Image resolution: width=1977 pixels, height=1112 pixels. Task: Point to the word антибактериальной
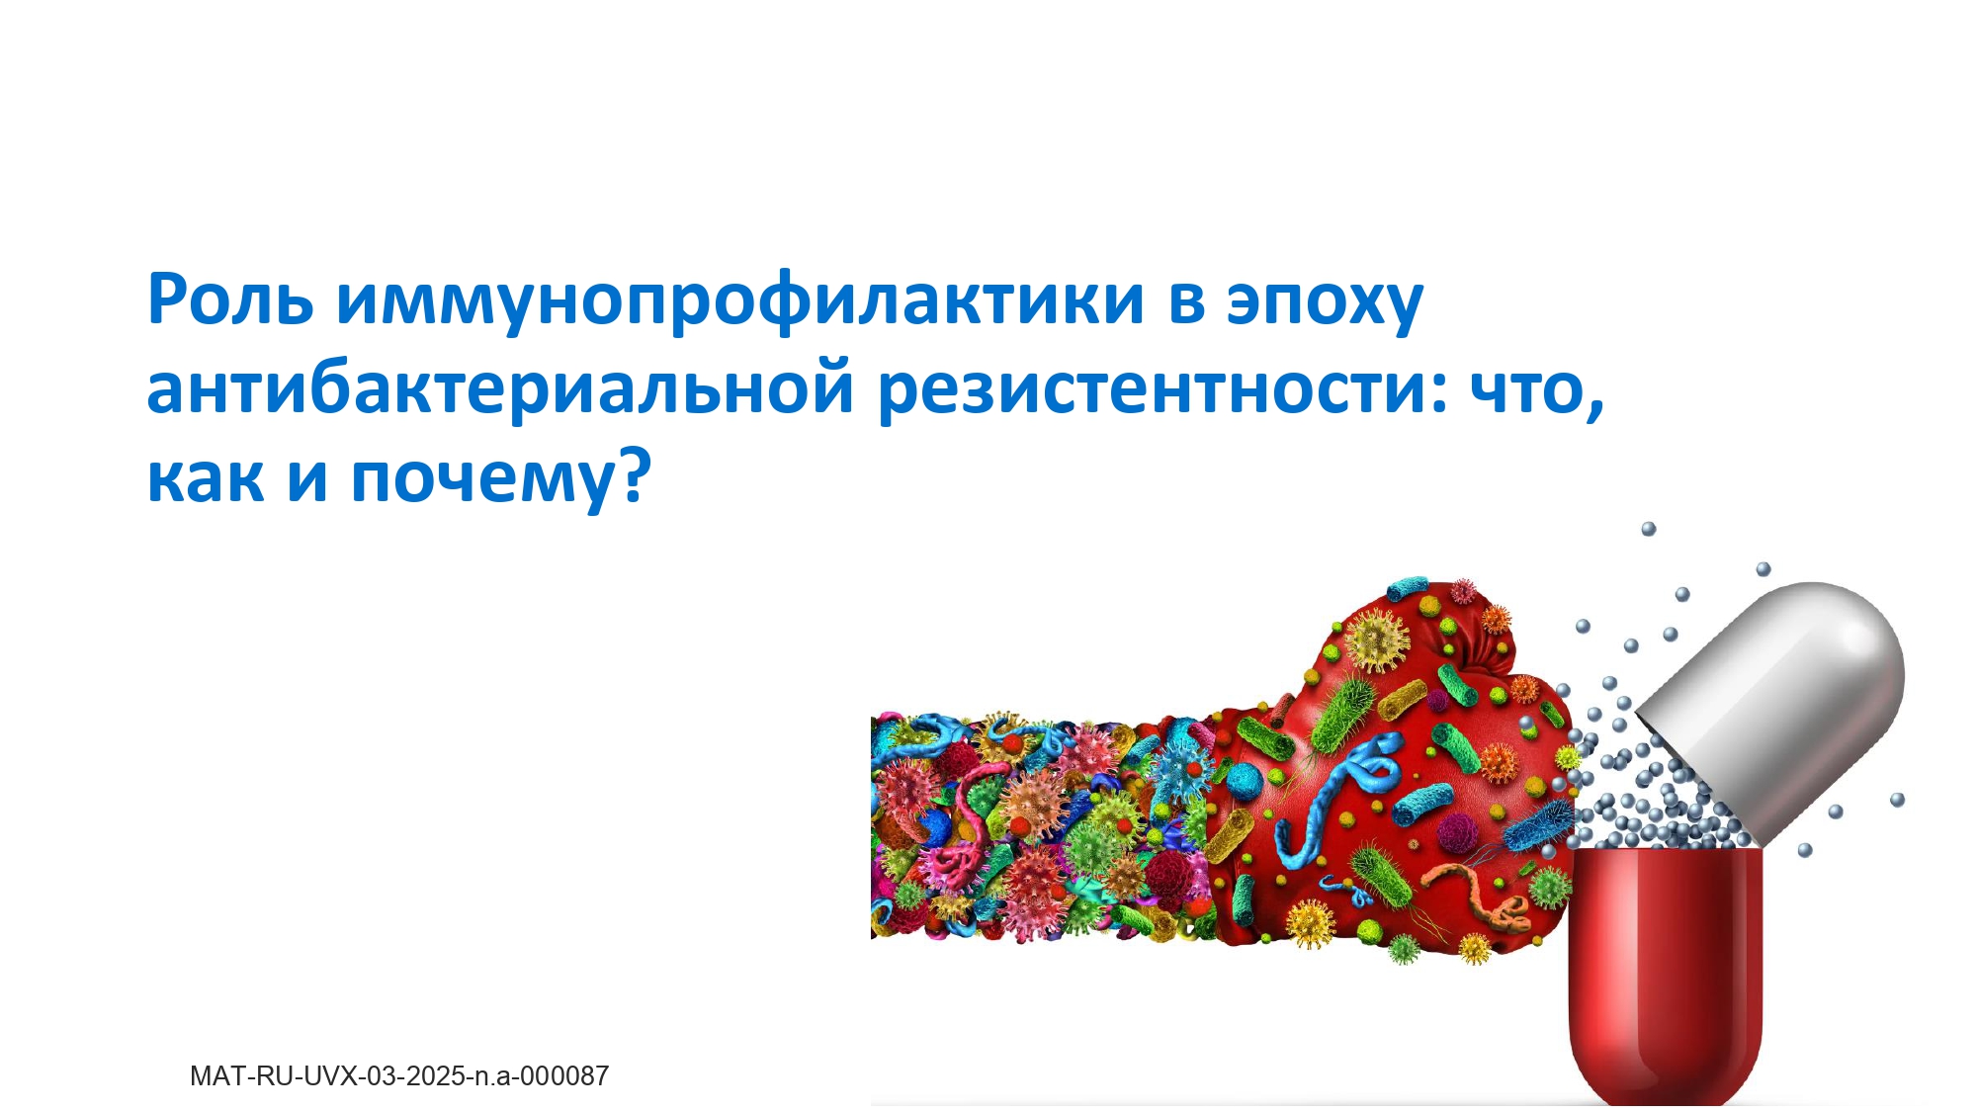pos(500,387)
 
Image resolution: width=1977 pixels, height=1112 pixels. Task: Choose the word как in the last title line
pos(206,478)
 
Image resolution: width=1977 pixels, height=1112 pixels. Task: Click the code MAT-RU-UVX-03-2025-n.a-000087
pos(399,1075)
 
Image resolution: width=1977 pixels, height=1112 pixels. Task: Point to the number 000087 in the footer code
pos(564,1075)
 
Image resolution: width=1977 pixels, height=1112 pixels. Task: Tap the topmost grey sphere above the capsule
pos(1649,529)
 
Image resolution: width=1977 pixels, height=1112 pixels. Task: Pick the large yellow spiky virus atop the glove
pos(1378,640)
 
